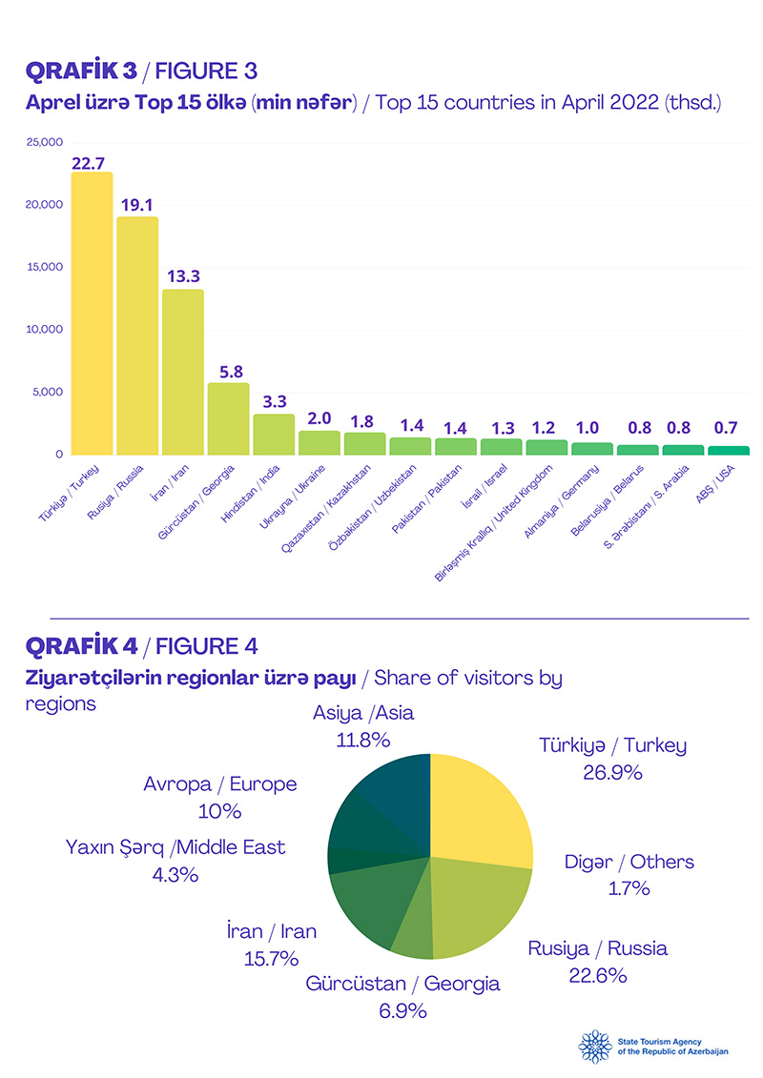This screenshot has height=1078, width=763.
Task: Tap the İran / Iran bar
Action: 183,372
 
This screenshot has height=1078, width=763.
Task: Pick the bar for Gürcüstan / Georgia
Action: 229,418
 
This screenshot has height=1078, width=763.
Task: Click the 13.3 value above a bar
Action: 183,276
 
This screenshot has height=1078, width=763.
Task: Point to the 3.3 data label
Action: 274,401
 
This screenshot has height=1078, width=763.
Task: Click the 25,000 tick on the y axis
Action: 44,143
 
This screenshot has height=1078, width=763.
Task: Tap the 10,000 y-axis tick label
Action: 44,330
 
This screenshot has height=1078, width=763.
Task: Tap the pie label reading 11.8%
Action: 363,739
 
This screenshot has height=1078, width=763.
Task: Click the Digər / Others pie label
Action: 629,863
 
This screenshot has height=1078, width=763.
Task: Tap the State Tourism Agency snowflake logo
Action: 596,1047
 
